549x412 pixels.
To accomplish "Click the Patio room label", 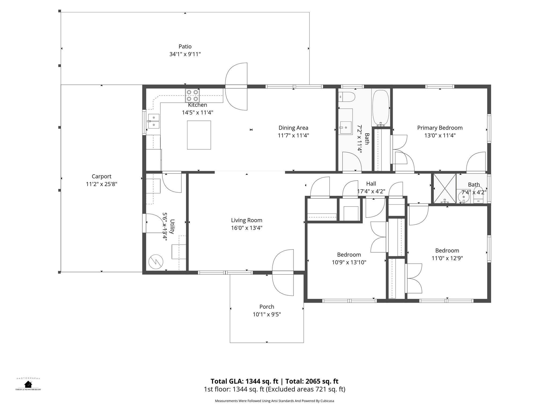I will tap(185, 47).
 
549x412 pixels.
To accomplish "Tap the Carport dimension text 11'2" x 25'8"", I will tap(102, 184).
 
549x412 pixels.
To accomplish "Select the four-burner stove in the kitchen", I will tap(192, 95).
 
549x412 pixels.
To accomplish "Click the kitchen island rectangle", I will tap(199, 135).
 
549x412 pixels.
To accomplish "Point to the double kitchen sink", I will tap(154, 121).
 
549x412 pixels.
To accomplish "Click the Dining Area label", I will tap(293, 128).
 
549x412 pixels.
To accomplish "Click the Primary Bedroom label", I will tap(440, 128).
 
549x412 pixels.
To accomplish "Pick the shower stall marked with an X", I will tap(445, 189).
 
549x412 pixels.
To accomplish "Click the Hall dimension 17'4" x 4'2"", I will tap(371, 192).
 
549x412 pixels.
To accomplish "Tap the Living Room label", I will tap(247, 220).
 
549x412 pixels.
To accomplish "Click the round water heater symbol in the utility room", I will tap(156, 262).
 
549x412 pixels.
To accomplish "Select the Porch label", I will tap(267, 307).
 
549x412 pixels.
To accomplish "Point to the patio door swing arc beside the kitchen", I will tap(236, 86).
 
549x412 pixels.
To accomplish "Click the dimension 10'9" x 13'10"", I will tap(349, 262).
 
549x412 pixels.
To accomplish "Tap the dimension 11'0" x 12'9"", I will tap(447, 258).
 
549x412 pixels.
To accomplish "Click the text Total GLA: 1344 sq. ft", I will tap(244, 381).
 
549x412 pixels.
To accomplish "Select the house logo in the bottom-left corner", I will tap(28, 384).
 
